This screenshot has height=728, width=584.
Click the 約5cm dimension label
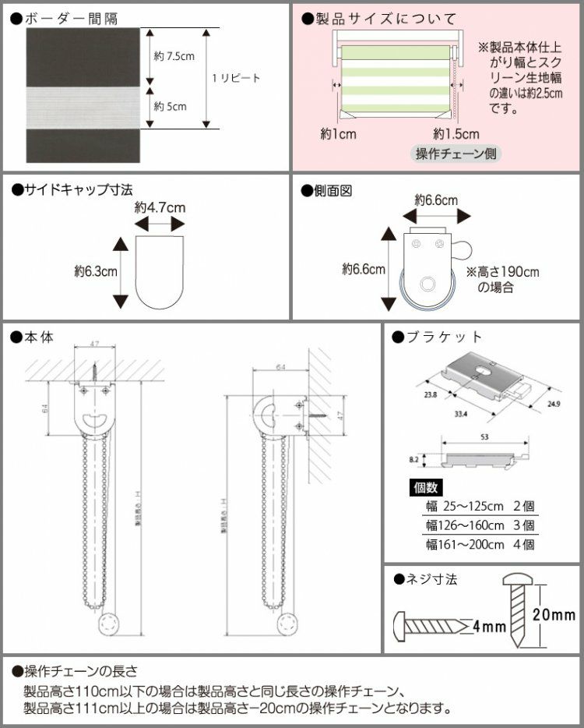click(x=169, y=106)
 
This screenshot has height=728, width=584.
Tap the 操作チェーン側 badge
click(x=455, y=153)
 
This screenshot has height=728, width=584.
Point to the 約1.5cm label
click(x=456, y=133)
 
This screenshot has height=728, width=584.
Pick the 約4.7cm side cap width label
click(x=160, y=207)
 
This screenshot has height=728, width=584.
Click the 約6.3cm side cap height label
click(x=96, y=271)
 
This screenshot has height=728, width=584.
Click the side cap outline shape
click(x=160, y=272)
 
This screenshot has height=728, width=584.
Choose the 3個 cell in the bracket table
click(x=522, y=525)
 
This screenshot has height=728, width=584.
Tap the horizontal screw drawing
click(x=429, y=625)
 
